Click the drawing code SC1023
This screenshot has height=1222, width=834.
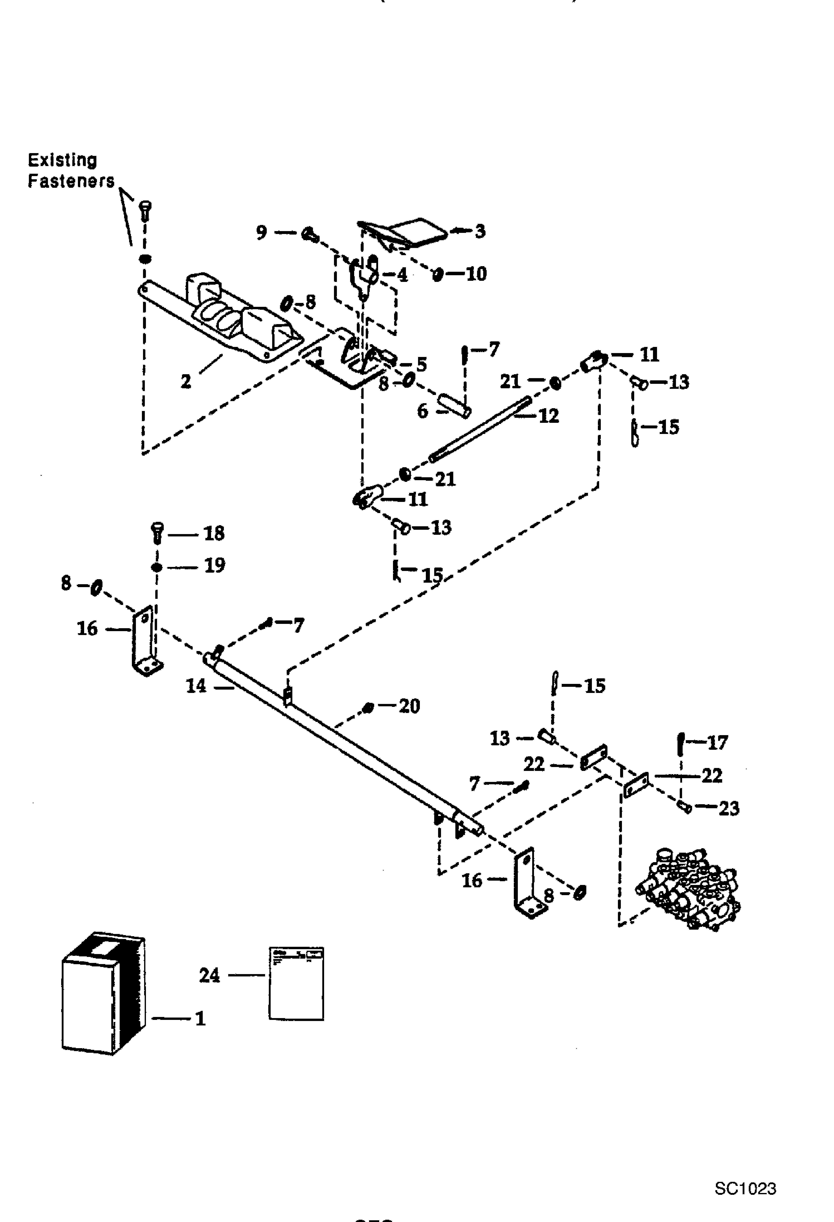coord(745,1188)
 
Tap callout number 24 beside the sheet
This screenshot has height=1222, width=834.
coord(210,975)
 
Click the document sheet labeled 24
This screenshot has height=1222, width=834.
coord(296,983)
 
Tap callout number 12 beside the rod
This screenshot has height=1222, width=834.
coord(549,416)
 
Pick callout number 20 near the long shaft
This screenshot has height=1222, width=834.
coord(409,706)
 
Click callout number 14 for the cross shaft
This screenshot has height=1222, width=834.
coord(196,686)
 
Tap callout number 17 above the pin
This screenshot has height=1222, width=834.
coord(717,742)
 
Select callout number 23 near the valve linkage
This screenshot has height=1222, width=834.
coord(729,808)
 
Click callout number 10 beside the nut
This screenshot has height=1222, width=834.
coord(476,273)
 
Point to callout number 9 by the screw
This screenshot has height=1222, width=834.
coord(262,232)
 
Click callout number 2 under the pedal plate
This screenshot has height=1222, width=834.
coord(186,381)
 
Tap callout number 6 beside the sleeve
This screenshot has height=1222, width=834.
coord(423,411)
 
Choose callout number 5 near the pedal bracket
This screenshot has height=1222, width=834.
coord(421,364)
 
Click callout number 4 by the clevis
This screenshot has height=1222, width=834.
coord(402,275)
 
